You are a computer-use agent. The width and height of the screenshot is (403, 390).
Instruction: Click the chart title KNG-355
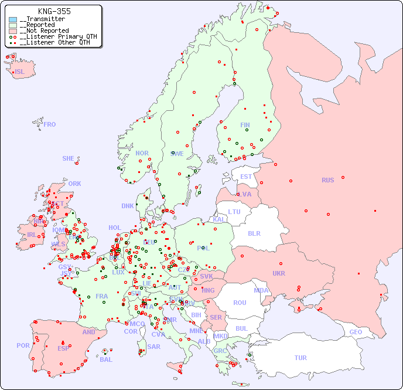point(54,12)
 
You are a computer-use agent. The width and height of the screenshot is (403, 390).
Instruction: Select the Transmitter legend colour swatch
point(13,19)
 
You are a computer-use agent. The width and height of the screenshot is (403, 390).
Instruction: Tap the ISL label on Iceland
point(20,72)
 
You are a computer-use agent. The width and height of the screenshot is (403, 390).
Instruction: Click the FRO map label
point(50,124)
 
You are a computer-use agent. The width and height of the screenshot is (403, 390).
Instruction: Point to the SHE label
point(69,158)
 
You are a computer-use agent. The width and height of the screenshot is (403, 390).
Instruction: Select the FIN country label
point(245,125)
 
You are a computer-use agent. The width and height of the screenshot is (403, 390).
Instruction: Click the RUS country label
point(327,180)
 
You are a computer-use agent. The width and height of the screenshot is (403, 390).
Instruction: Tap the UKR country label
point(278,273)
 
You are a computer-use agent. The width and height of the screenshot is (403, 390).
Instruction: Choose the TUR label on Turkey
point(300,358)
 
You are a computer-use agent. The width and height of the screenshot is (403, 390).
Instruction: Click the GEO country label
point(356,332)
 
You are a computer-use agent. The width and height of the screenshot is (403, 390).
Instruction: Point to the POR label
point(23,345)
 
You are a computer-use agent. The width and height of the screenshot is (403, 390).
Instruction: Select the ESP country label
point(63,348)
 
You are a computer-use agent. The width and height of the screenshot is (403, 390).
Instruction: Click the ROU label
point(240,303)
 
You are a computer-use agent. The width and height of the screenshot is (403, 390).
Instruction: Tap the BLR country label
point(254,233)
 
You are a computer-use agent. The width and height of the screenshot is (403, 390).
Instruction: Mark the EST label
point(246,177)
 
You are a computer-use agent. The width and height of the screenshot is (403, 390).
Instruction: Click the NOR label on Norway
point(142,153)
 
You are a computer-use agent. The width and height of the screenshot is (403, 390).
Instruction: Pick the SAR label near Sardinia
point(153,347)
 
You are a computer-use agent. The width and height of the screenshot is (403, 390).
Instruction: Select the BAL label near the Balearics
point(105,360)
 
